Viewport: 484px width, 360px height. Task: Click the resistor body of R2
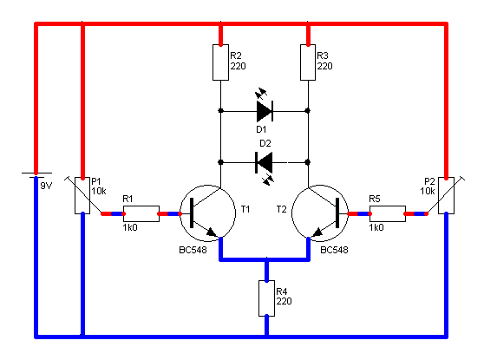pyautogui.click(x=220, y=62)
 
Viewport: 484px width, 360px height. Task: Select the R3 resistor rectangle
pyautogui.click(x=308, y=62)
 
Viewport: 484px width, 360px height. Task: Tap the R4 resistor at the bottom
pyautogui.click(x=266, y=298)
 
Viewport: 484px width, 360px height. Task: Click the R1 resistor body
pyautogui.click(x=141, y=213)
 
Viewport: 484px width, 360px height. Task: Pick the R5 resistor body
pyautogui.click(x=388, y=213)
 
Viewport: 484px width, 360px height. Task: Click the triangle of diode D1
pyautogui.click(x=264, y=111)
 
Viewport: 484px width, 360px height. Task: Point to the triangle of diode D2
pyautogui.click(x=265, y=162)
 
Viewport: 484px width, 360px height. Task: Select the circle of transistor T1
pyautogui.click(x=207, y=213)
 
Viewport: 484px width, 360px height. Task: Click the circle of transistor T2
pyautogui.click(x=320, y=213)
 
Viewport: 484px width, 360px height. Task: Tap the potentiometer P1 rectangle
pyautogui.click(x=82, y=195)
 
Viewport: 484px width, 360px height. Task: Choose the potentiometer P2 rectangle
pyautogui.click(x=447, y=195)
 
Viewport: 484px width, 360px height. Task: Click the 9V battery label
pyautogui.click(x=46, y=186)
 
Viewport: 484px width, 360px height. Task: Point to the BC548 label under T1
pyautogui.click(x=193, y=250)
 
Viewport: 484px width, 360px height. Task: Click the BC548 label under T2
pyautogui.click(x=334, y=250)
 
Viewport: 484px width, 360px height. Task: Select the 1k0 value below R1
pyautogui.click(x=130, y=227)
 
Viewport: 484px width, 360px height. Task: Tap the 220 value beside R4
pyautogui.click(x=284, y=301)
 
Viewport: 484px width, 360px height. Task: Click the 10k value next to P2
pyautogui.click(x=428, y=191)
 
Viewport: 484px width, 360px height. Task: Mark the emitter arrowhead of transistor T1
pyautogui.click(x=213, y=232)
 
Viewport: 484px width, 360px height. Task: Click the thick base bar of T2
pyautogui.click(x=337, y=213)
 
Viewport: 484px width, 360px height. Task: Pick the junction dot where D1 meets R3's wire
pyautogui.click(x=308, y=110)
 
